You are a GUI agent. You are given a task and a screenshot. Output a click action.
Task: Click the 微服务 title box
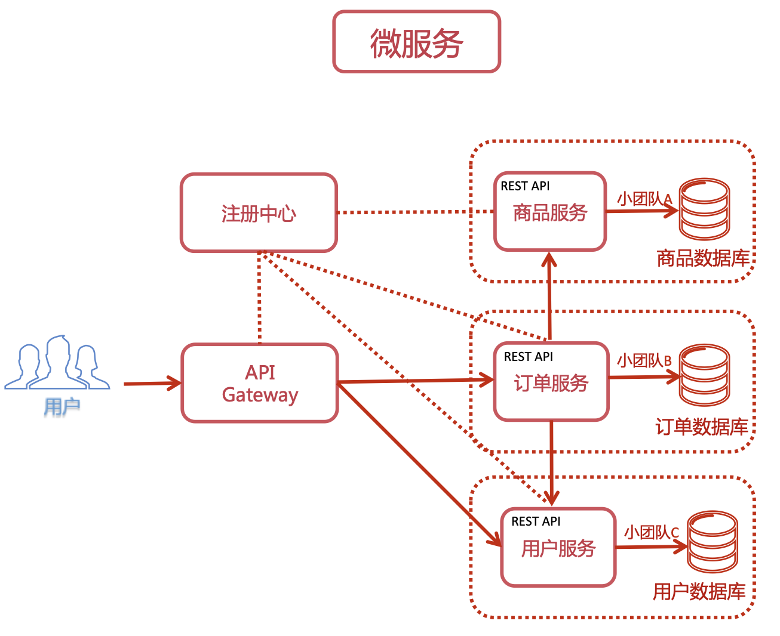coord(416,42)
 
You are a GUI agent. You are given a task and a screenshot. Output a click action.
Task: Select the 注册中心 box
coord(259,212)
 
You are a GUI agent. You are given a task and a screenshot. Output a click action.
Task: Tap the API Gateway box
coord(260,383)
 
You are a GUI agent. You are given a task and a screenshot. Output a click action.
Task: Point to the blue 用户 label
coord(62,407)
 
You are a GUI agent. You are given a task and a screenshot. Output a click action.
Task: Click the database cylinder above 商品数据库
coord(705,209)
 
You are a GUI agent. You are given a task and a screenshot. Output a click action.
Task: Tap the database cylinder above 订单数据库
coord(705,375)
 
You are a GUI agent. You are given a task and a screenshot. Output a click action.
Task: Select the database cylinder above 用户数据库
coord(712,542)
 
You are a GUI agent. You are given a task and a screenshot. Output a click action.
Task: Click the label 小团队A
coord(644,199)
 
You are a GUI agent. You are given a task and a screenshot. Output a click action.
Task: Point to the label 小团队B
coord(644,360)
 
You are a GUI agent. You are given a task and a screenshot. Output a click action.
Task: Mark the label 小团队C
coord(652,532)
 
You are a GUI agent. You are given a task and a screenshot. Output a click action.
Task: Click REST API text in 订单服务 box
coord(529,357)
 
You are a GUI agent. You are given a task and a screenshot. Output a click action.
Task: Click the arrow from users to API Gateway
coord(152,383)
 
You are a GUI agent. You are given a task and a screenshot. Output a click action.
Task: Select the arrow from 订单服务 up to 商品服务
coord(549,295)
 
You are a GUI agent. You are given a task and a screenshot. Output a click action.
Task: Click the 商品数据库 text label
coord(703,258)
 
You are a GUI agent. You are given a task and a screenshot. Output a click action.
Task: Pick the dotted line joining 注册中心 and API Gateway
coord(259,298)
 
